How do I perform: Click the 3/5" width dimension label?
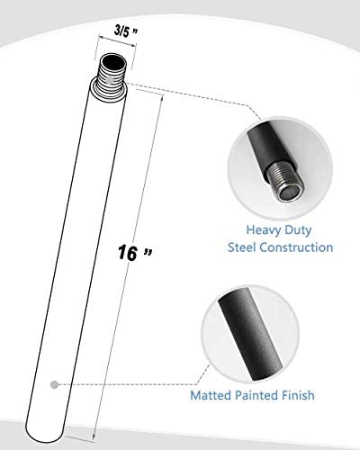pyautogui.click(x=125, y=32)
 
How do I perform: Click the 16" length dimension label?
pyautogui.click(x=135, y=253)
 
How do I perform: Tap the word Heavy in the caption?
pyautogui.click(x=260, y=230)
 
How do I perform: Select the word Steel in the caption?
pyautogui.click(x=242, y=247)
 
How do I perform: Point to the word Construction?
pyautogui.click(x=296, y=247)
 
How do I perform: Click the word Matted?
pyautogui.click(x=211, y=395)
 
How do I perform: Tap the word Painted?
pyautogui.click(x=256, y=395)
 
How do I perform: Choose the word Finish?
pyautogui.click(x=298, y=395)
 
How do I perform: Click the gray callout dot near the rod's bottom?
pyautogui.click(x=54, y=384)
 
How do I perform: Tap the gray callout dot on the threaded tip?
pyautogui.click(x=110, y=80)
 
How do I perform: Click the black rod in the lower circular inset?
pyautogui.click(x=250, y=334)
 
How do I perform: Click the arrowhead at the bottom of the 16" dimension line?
pyautogui.click(x=94, y=436)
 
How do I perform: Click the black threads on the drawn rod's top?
pyautogui.click(x=112, y=78)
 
